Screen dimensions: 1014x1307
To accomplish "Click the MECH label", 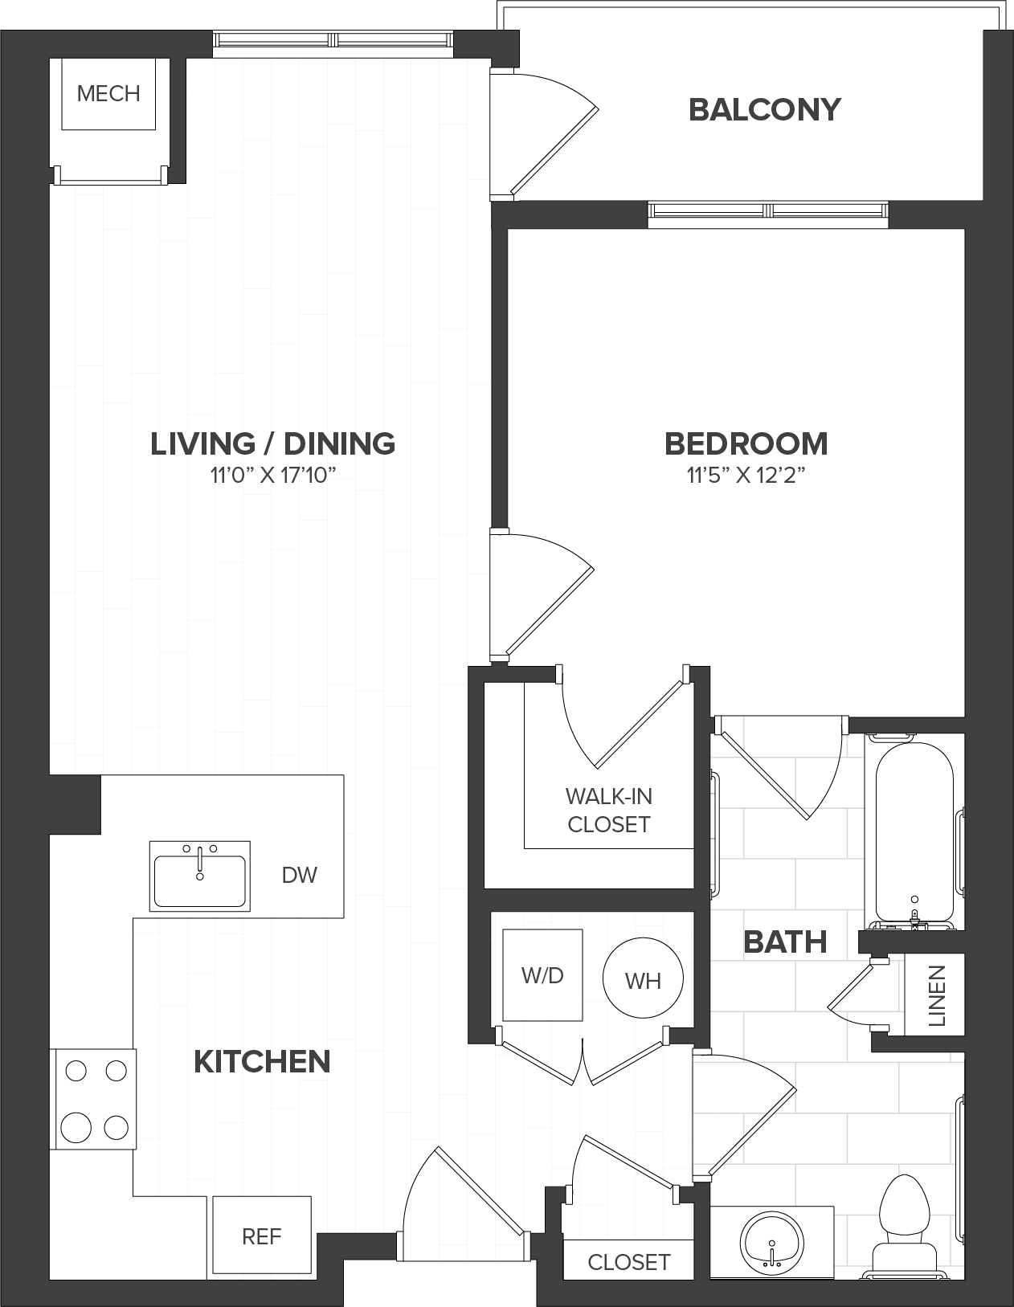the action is click(x=108, y=94).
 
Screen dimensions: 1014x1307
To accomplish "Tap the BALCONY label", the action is click(x=764, y=110).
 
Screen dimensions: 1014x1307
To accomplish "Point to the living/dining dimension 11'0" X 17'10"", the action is click(x=272, y=476).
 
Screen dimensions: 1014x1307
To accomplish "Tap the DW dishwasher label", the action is click(x=300, y=876).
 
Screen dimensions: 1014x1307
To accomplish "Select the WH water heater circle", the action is click(x=643, y=978).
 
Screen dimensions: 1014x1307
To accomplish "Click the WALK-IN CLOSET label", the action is click(x=608, y=811).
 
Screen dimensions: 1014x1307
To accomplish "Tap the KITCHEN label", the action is click(x=262, y=1062).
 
